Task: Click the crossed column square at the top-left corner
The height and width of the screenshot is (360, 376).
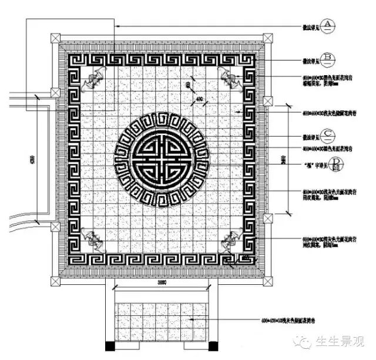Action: [x=56, y=38]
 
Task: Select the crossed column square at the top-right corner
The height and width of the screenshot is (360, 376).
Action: [x=267, y=38]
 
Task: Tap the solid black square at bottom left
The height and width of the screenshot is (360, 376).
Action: [x=109, y=345]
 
